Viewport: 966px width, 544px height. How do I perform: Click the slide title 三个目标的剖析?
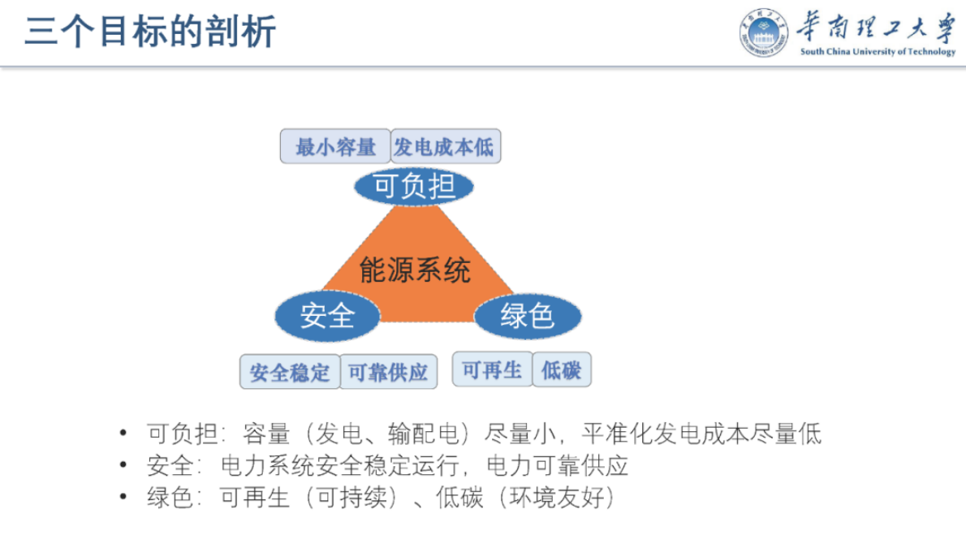150,32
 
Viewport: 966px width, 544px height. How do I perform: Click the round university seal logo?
762,34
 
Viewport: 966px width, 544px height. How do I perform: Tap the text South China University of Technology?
878,52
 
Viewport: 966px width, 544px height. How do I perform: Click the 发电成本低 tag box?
444,147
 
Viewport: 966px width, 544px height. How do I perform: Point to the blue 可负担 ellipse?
414,187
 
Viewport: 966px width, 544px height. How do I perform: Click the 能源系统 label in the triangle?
415,270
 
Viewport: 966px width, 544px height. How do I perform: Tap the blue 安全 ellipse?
327,315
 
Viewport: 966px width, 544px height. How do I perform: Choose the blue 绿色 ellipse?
527,315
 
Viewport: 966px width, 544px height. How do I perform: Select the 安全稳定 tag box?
290,373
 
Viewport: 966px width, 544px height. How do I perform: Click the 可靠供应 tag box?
387,373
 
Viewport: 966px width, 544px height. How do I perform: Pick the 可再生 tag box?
492,370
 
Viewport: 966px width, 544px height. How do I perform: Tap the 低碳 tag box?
561,371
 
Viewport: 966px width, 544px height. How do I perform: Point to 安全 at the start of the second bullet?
165,465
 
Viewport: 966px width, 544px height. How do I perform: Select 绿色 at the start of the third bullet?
165,497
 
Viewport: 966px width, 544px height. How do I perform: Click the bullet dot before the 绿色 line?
123,497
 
